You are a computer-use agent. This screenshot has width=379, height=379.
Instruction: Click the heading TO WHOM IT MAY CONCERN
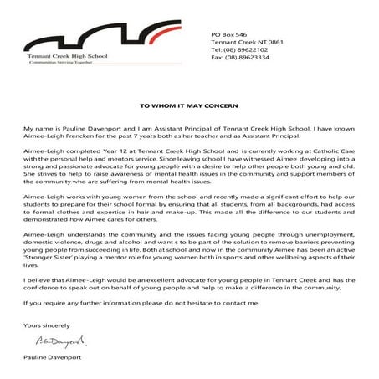(188, 107)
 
